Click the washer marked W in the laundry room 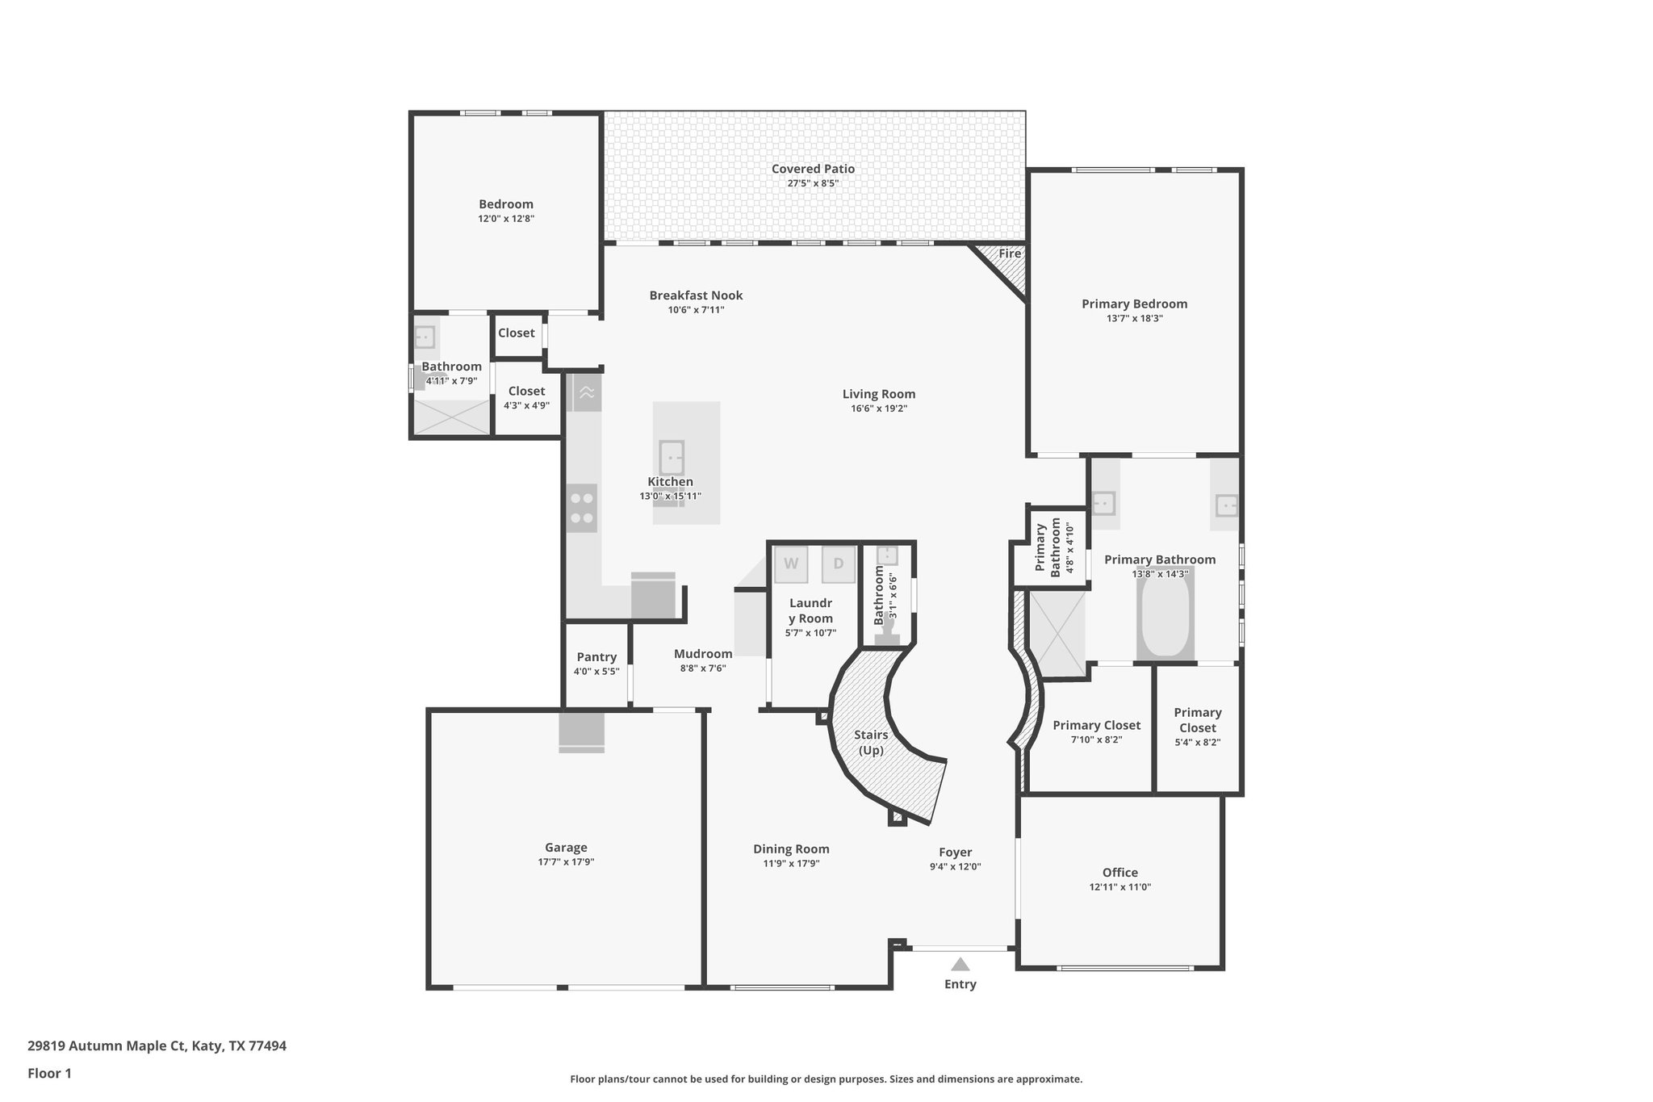(x=791, y=564)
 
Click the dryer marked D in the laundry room (x=838, y=564)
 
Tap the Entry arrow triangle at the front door (x=960, y=964)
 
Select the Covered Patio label (x=813, y=169)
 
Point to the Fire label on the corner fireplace (x=1010, y=254)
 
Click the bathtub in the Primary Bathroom (x=1165, y=615)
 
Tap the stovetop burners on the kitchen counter (x=581, y=508)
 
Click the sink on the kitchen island (x=672, y=458)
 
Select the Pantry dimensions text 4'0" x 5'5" (x=596, y=672)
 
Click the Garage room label (x=566, y=847)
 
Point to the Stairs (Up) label (x=871, y=742)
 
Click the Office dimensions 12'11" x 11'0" (x=1119, y=886)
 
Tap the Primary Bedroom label (x=1134, y=304)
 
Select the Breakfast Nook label (x=696, y=295)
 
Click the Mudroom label (x=703, y=654)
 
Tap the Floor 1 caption (x=49, y=1073)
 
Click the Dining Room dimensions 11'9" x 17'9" (x=791, y=863)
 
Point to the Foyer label (x=955, y=852)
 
